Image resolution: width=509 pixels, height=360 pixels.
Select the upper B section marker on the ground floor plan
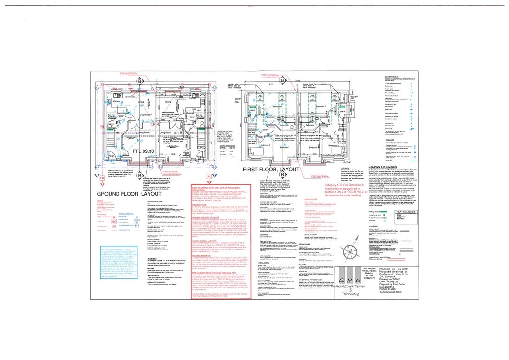pyautogui.click(x=139, y=80)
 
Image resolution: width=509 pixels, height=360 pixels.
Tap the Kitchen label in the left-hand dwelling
pyautogui.click(x=104, y=100)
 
